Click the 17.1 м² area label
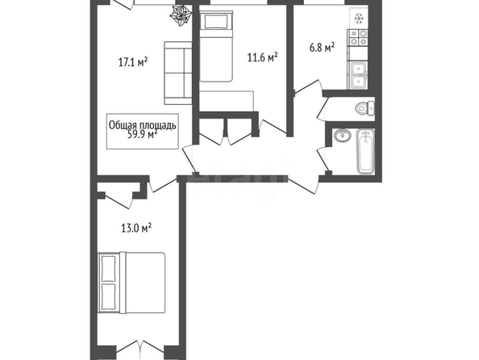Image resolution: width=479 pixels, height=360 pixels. tap(133, 62)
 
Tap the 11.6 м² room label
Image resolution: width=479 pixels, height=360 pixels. tap(262, 57)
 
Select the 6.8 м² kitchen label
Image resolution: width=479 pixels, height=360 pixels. tap(322, 48)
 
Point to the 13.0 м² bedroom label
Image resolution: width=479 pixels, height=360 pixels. tap(136, 228)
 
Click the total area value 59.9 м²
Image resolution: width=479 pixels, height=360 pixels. tap(143, 134)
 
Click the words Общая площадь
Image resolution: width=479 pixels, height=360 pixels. tap(143, 125)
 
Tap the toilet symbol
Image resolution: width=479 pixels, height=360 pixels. tap(364, 108)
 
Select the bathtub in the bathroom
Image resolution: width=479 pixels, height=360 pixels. tap(365, 152)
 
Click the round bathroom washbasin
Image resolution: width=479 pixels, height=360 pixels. tap(343, 135)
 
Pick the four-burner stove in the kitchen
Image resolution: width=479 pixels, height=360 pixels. tap(358, 38)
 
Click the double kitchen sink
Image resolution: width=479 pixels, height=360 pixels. tap(357, 76)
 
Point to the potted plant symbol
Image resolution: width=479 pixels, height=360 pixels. tap(181, 16)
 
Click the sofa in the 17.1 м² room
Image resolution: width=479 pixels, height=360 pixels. tap(178, 73)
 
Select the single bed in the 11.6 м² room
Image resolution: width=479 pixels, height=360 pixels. tap(216, 46)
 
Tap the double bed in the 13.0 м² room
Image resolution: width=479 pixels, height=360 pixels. tap(131, 283)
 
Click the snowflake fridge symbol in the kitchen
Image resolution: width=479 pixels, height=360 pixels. tap(359, 19)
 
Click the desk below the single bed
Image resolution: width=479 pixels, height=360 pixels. tap(227, 101)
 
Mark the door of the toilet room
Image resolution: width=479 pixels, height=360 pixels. tap(323, 109)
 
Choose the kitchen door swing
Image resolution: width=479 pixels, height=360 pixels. tap(308, 87)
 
